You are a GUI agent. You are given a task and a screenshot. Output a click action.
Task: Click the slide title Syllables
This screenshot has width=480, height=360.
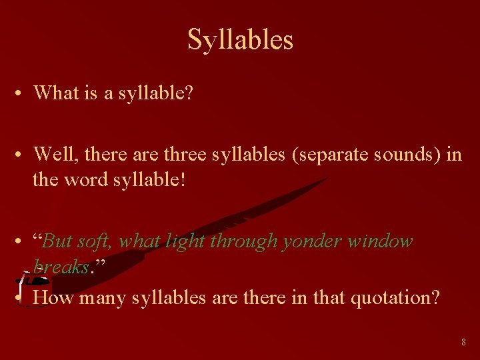pyautogui.click(x=240, y=40)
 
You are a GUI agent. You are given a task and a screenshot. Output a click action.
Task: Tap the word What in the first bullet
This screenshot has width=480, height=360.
pyautogui.click(x=55, y=93)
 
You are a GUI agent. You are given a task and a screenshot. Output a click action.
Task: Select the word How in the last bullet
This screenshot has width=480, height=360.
pyautogui.click(x=53, y=297)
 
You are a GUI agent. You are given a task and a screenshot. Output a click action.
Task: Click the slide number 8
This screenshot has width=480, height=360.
pyautogui.click(x=463, y=342)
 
